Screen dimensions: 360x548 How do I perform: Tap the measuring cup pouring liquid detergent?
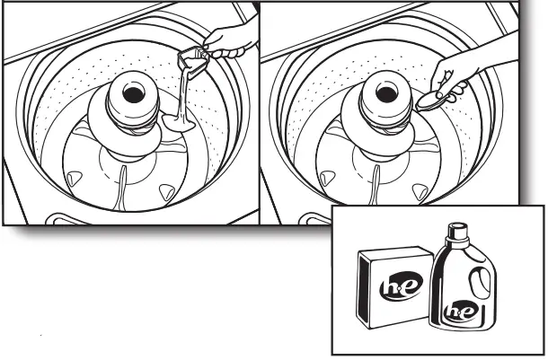tap(192, 62)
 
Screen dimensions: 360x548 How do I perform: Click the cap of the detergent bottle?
tap(457, 233)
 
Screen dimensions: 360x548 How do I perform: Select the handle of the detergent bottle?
tap(482, 285)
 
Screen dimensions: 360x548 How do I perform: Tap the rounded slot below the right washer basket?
tap(305, 218)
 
